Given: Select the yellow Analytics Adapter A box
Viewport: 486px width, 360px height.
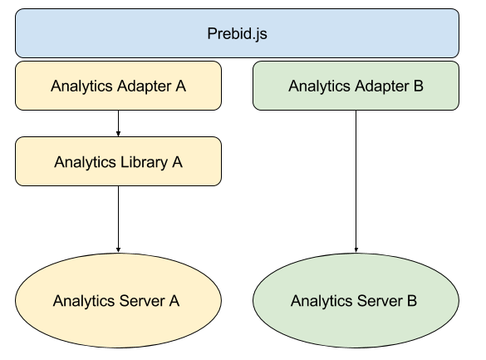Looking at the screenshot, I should pyautogui.click(x=118, y=85).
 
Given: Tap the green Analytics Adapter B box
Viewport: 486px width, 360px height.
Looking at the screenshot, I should pyautogui.click(x=356, y=85).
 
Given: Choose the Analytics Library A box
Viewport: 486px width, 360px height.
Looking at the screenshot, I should pyautogui.click(x=118, y=161).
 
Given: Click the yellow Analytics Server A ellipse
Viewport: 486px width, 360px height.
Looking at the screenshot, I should pyautogui.click(x=118, y=300).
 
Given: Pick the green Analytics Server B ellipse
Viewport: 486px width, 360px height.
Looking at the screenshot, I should pyautogui.click(x=356, y=300).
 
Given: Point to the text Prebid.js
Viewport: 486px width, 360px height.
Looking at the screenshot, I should pyautogui.click(x=237, y=34).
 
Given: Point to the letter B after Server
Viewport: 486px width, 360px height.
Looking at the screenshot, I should pyautogui.click(x=412, y=300).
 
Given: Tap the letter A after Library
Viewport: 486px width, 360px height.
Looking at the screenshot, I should pyautogui.click(x=177, y=161).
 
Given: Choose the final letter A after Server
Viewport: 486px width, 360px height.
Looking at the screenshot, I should pyautogui.click(x=174, y=300).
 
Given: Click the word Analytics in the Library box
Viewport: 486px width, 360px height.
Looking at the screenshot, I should pyautogui.click(x=83, y=161).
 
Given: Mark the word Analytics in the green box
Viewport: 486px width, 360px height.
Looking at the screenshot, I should pyautogui.click(x=318, y=85).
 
